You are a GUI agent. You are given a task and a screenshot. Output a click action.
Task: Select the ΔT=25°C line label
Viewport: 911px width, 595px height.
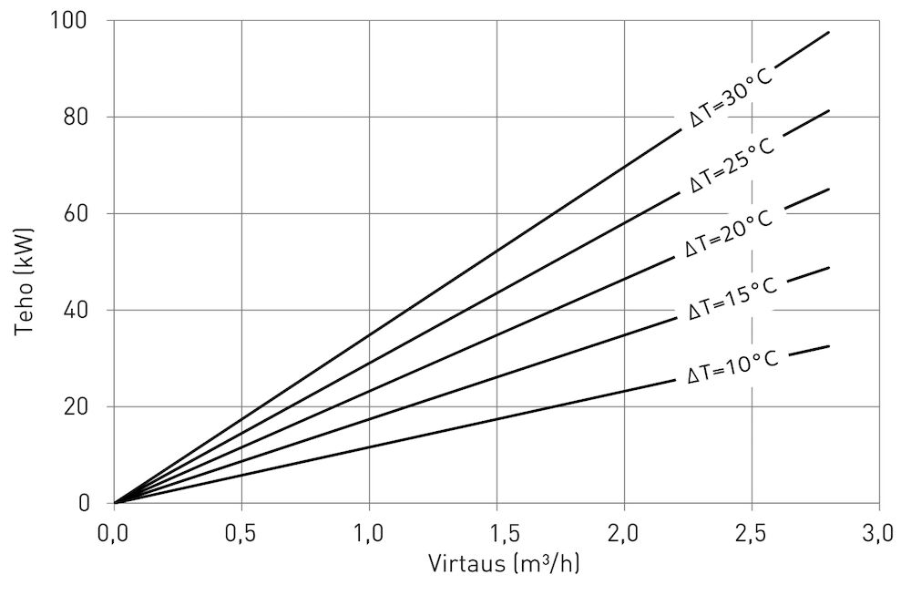click(732, 165)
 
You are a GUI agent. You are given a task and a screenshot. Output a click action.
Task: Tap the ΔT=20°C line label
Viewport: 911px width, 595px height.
click(729, 233)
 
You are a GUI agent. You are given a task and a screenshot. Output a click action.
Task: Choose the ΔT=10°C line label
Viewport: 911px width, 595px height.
click(732, 366)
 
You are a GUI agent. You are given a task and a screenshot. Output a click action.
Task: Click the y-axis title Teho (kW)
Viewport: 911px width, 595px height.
click(25, 262)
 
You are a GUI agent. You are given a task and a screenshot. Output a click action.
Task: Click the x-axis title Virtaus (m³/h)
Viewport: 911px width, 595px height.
click(503, 564)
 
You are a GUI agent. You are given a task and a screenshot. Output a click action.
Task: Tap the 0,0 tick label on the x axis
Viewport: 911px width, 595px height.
click(114, 533)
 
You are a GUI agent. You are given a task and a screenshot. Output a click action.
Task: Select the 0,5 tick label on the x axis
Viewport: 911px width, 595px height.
click(241, 533)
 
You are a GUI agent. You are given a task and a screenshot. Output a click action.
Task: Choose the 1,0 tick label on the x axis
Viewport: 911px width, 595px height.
click(369, 533)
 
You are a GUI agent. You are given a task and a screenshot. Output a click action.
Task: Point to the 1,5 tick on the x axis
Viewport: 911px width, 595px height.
click(496, 533)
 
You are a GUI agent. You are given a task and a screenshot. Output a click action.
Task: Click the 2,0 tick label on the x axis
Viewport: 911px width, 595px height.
click(624, 533)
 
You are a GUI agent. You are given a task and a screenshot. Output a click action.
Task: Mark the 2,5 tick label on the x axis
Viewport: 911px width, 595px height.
click(752, 533)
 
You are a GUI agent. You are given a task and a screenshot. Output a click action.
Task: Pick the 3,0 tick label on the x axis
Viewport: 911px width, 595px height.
click(879, 533)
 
